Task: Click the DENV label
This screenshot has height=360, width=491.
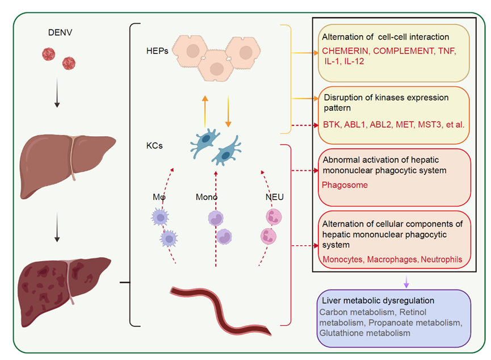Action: pos(60,32)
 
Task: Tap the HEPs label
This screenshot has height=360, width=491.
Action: pos(157,51)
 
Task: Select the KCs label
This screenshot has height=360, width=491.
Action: pos(154,146)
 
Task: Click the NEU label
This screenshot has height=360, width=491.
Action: pos(275,197)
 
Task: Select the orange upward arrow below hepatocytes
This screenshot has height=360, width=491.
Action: pos(205,111)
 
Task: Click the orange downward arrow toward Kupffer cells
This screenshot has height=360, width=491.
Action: pos(228,111)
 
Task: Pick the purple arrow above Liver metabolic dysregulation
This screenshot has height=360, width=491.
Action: pos(406,282)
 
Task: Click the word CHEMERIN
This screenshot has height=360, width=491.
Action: pos(345,51)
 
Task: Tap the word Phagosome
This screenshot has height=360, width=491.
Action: pos(345,185)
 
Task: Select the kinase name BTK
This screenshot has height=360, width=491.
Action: pos(331,125)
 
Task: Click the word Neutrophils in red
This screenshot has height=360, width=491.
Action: pos(442,259)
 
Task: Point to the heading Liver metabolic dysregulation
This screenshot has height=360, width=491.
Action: pos(378,300)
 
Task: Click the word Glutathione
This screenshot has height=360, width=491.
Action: pos(341,333)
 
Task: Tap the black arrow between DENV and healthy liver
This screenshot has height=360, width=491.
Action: pos(57,93)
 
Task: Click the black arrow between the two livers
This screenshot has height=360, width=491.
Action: pos(57,227)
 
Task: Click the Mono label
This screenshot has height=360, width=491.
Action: pos(207,197)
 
